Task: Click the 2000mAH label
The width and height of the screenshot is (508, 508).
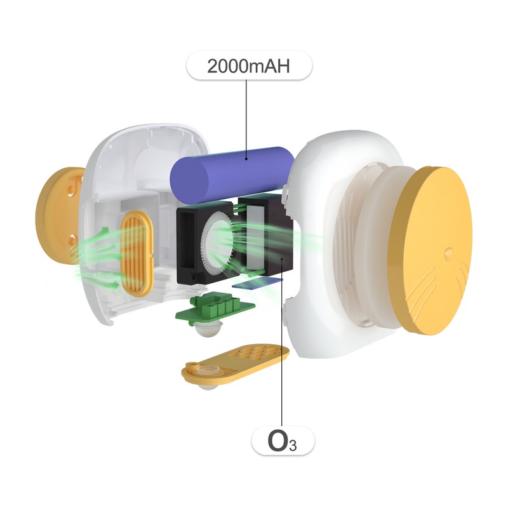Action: pyautogui.click(x=248, y=66)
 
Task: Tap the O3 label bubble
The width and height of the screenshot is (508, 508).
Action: pyautogui.click(x=283, y=441)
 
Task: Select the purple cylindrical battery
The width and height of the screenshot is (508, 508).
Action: pyautogui.click(x=232, y=174)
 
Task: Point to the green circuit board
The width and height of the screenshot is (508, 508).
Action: pyautogui.click(x=215, y=308)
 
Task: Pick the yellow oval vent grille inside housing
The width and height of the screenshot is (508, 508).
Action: pyautogui.click(x=137, y=253)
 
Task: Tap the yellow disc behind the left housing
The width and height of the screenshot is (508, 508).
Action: pyautogui.click(x=58, y=215)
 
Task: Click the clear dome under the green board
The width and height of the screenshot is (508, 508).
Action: pyautogui.click(x=208, y=328)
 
